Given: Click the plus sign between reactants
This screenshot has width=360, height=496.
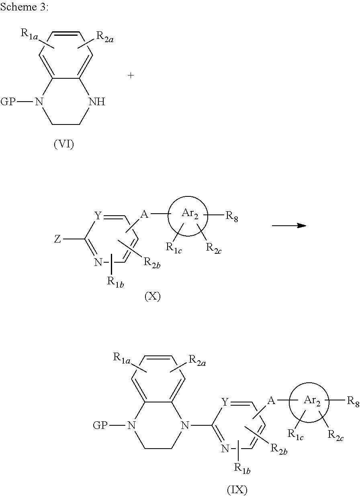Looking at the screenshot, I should click(131, 76).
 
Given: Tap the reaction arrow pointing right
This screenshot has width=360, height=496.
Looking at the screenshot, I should click(289, 226).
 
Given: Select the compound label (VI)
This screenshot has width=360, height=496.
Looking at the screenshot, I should click(64, 144).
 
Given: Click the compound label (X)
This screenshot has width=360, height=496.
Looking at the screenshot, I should click(152, 297).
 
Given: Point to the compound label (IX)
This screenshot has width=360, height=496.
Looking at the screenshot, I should click(237, 490).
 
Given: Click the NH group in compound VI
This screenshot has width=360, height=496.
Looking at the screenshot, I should click(97, 102).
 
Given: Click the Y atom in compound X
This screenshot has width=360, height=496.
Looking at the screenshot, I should click(98, 216).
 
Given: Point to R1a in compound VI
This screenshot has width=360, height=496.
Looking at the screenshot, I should click(29, 34).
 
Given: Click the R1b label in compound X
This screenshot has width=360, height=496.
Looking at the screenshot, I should click(114, 282).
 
